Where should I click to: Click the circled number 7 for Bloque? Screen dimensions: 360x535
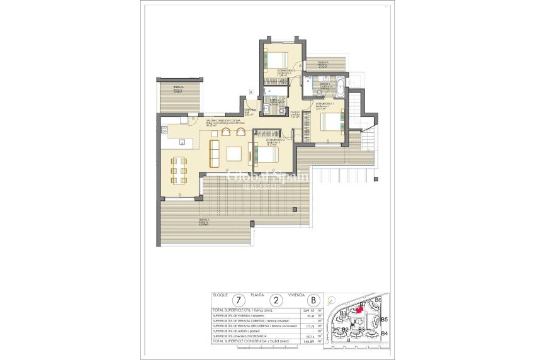click(238, 300)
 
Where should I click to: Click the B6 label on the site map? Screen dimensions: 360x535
click(378, 300)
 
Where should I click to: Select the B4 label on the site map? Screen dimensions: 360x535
click(384, 333)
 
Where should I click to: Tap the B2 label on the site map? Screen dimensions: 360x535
click(345, 329)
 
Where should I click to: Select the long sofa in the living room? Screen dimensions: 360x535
click(214, 154)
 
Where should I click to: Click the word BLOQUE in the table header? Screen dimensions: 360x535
click(220, 294)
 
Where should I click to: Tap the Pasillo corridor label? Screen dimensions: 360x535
click(295, 114)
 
